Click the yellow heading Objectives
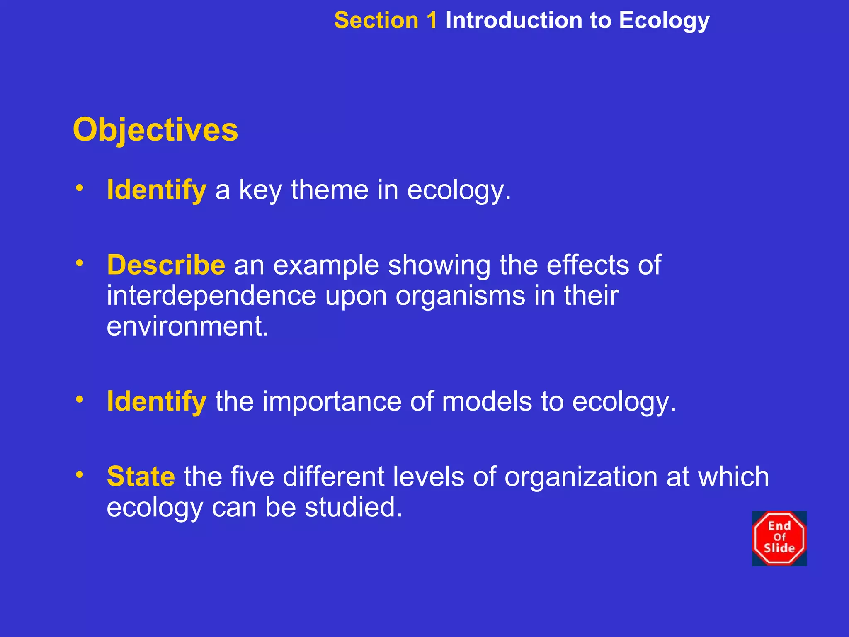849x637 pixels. (155, 130)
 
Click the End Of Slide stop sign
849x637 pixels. (779, 538)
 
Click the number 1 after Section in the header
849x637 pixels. (431, 20)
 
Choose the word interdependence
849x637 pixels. (211, 296)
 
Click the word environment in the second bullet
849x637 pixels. (187, 326)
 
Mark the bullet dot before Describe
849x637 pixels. (80, 263)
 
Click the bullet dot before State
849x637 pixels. (80, 474)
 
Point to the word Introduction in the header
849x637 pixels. (514, 20)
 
